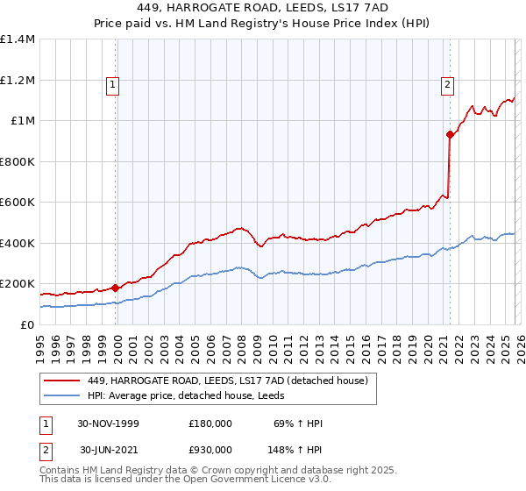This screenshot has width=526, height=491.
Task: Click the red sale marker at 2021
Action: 450,134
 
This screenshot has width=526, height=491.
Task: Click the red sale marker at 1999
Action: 116,288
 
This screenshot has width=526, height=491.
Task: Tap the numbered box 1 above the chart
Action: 113,85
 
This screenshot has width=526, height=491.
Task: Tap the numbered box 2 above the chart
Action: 447,85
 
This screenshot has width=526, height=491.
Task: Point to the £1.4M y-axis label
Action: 18,39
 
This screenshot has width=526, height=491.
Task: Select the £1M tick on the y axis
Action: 23,121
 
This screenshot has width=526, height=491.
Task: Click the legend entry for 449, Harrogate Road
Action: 231,380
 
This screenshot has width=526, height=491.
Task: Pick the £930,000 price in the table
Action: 210,449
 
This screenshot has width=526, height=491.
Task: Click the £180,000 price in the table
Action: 210,423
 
